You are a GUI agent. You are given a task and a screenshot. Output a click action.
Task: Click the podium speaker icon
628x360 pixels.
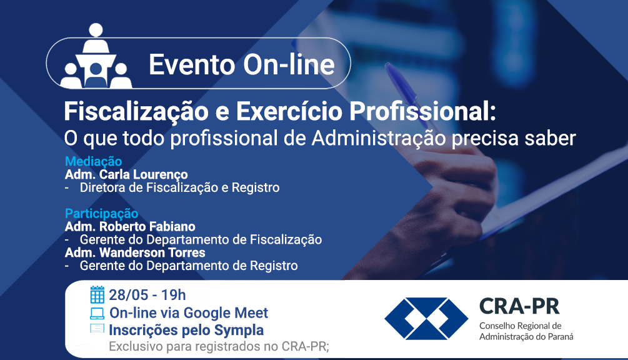pos(96,56)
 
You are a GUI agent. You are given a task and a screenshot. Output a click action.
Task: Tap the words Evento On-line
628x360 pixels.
pos(241,64)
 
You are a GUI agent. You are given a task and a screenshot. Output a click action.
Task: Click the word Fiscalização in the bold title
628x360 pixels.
pos(136,112)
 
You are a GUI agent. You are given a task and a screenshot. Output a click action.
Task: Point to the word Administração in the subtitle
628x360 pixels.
pos(379,139)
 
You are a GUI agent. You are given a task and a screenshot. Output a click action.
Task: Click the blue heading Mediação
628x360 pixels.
pos(93,161)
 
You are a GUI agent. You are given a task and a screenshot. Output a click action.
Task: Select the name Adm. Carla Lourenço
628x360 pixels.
pos(126,174)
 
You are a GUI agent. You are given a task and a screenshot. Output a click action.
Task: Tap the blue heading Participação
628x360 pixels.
pos(101,213)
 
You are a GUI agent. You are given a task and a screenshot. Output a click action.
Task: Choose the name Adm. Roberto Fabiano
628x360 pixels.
pos(130,227)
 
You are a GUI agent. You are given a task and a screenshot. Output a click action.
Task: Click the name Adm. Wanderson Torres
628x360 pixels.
pos(135,252)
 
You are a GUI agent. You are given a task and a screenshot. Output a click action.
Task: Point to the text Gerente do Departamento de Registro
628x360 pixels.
pos(189,266)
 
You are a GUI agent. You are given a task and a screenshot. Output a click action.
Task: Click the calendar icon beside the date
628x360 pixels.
pos(97,295)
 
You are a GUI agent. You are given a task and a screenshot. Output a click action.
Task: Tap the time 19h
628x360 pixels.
pos(174,295)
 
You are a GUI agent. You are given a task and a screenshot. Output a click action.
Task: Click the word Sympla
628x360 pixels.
pos(239,331)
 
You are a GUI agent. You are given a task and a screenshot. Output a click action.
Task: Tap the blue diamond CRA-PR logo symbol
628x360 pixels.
pos(426,319)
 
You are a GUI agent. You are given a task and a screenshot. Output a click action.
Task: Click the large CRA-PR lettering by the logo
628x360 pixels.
pos(519,307)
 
